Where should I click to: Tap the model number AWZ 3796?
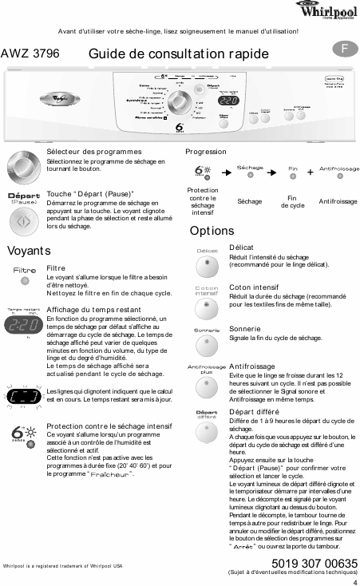(30, 53)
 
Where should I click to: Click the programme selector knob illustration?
(25, 166)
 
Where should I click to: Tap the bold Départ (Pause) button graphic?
(24, 199)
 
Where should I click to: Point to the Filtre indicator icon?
(24, 275)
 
